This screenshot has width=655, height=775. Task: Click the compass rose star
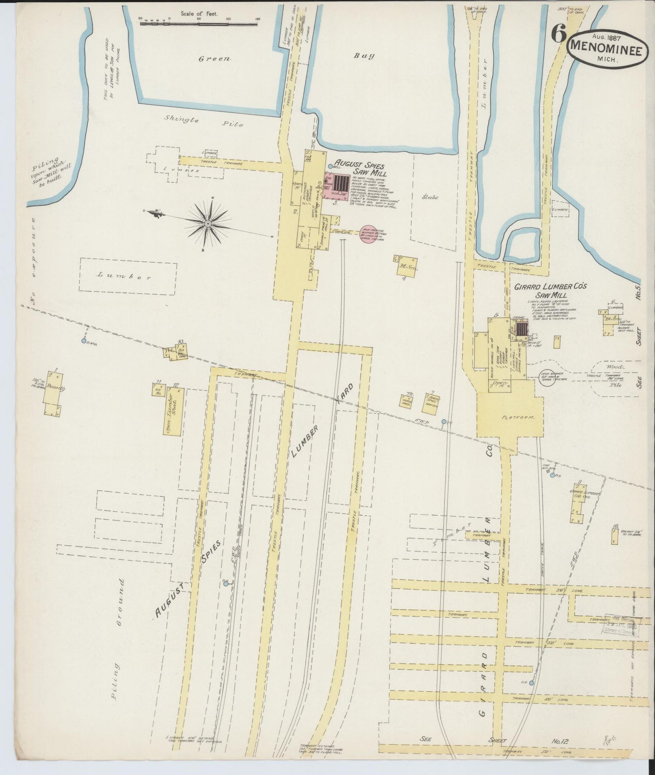207,223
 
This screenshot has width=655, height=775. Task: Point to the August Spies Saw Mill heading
359,170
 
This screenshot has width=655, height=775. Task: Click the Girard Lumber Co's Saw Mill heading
550,290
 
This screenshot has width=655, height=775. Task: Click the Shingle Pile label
204,122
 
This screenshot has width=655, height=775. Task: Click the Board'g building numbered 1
53,394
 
